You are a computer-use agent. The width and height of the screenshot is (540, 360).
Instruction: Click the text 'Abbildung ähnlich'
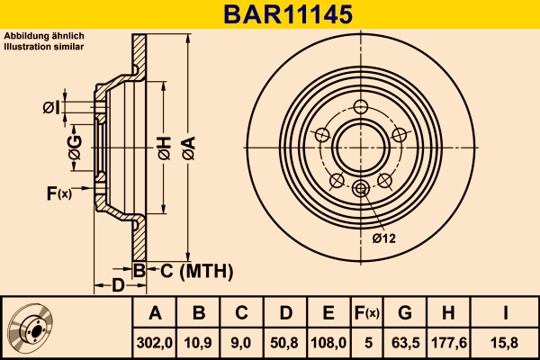pyautogui.click(x=44, y=36)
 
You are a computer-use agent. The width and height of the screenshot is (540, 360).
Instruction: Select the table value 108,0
pyautogui.click(x=328, y=342)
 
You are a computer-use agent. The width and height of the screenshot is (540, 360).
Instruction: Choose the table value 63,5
pyautogui.click(x=405, y=342)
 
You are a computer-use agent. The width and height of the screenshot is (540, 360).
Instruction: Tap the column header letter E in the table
pyautogui.click(x=328, y=313)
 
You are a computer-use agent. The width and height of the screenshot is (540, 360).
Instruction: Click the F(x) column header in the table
pyautogui.click(x=366, y=313)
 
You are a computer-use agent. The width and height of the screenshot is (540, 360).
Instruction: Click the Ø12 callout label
pyautogui.click(x=384, y=238)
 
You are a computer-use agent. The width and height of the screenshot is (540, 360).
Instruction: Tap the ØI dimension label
pyautogui.click(x=51, y=108)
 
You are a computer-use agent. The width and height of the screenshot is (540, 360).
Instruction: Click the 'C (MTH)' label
pyautogui.click(x=191, y=270)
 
